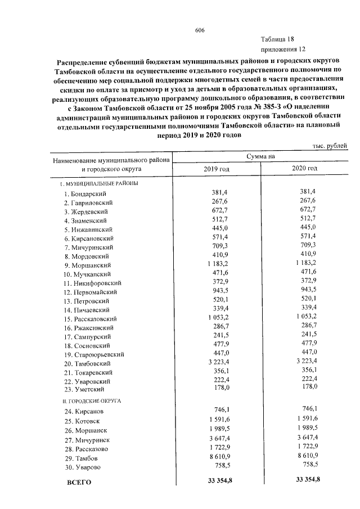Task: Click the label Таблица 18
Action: [x=277, y=39]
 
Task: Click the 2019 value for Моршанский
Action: [x=216, y=264]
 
